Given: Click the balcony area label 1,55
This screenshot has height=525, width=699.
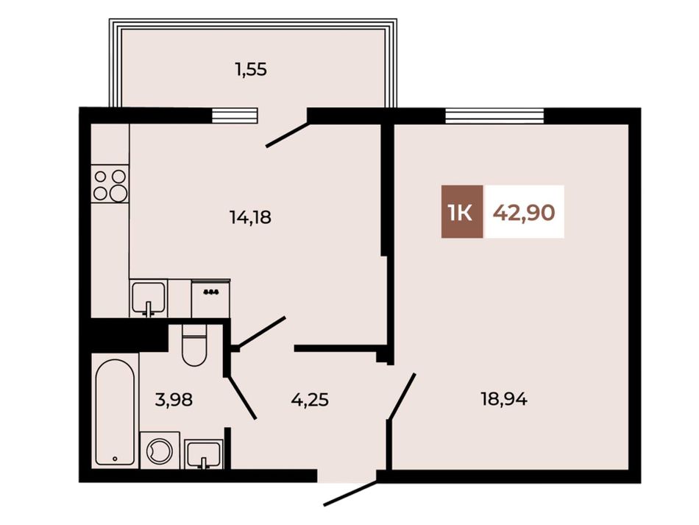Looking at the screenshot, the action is (251, 70).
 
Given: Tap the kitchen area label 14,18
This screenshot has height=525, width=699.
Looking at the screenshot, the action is (250, 218).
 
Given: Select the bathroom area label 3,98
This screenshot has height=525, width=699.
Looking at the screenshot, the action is (174, 399).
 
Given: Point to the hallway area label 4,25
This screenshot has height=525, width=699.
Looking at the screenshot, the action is (310, 399).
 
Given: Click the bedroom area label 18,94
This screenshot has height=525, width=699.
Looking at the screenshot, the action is (504, 399).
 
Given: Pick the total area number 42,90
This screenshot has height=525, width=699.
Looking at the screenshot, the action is (524, 212).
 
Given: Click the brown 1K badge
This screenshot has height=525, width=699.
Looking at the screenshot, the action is (462, 211).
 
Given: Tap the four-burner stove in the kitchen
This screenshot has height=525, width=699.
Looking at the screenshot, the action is (110, 184).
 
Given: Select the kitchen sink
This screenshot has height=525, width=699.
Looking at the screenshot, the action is (149, 298).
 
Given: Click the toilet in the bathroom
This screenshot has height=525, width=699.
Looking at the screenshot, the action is (194, 345).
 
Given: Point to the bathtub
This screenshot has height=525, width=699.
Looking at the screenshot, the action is (115, 412).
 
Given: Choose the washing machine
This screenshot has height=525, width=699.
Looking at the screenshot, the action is (160, 450).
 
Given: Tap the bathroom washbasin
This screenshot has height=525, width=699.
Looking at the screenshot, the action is (204, 454).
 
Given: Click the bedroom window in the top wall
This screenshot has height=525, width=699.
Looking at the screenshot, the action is (494, 116).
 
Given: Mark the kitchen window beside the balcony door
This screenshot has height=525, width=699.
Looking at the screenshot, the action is (235, 116).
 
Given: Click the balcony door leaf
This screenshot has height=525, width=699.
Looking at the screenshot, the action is (287, 135).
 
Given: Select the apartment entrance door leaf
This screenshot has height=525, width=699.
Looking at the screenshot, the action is (351, 493).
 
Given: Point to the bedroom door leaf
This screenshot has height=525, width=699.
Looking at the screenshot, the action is (402, 396).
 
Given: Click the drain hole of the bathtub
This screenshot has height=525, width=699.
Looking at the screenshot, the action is (115, 458).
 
